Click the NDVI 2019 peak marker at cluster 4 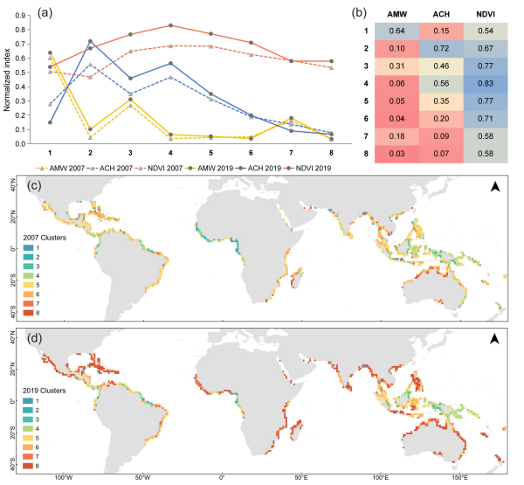tap(170, 25)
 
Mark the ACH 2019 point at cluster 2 tap(90, 41)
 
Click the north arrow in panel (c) tap(493, 187)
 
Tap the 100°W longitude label tap(62, 478)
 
